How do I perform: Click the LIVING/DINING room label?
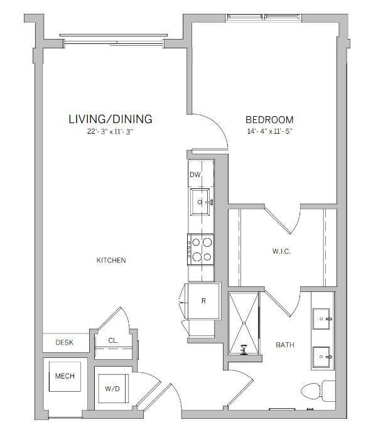110,119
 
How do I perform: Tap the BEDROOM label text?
269,119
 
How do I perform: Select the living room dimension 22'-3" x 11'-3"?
110,132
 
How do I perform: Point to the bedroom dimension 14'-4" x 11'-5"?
269,132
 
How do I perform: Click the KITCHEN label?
111,261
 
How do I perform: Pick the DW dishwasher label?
195,175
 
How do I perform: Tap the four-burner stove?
200,249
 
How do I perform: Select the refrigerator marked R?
203,301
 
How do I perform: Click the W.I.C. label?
281,251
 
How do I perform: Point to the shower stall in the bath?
244,324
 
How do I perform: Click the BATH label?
285,345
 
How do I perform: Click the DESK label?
64,343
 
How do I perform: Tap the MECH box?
65,376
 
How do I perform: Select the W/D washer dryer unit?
114,389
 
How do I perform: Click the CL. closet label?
113,340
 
